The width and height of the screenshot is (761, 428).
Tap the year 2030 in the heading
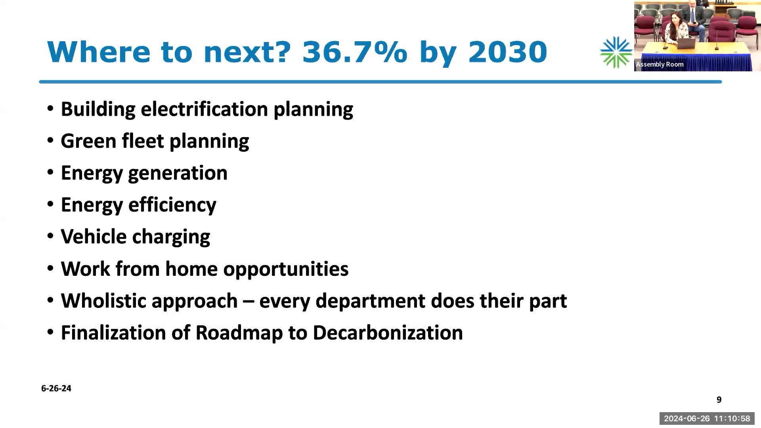tap(507, 52)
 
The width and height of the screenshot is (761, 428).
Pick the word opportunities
tap(286, 269)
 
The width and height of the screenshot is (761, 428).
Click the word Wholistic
tap(103, 301)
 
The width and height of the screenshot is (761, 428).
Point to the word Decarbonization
tap(388, 333)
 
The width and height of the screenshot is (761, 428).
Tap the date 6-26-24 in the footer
tap(56, 388)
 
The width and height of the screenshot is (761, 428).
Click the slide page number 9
tap(719, 400)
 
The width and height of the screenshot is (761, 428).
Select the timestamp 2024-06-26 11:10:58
tap(707, 418)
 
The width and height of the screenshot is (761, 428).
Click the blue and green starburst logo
tap(616, 52)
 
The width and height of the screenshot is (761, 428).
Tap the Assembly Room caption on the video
tap(660, 64)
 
